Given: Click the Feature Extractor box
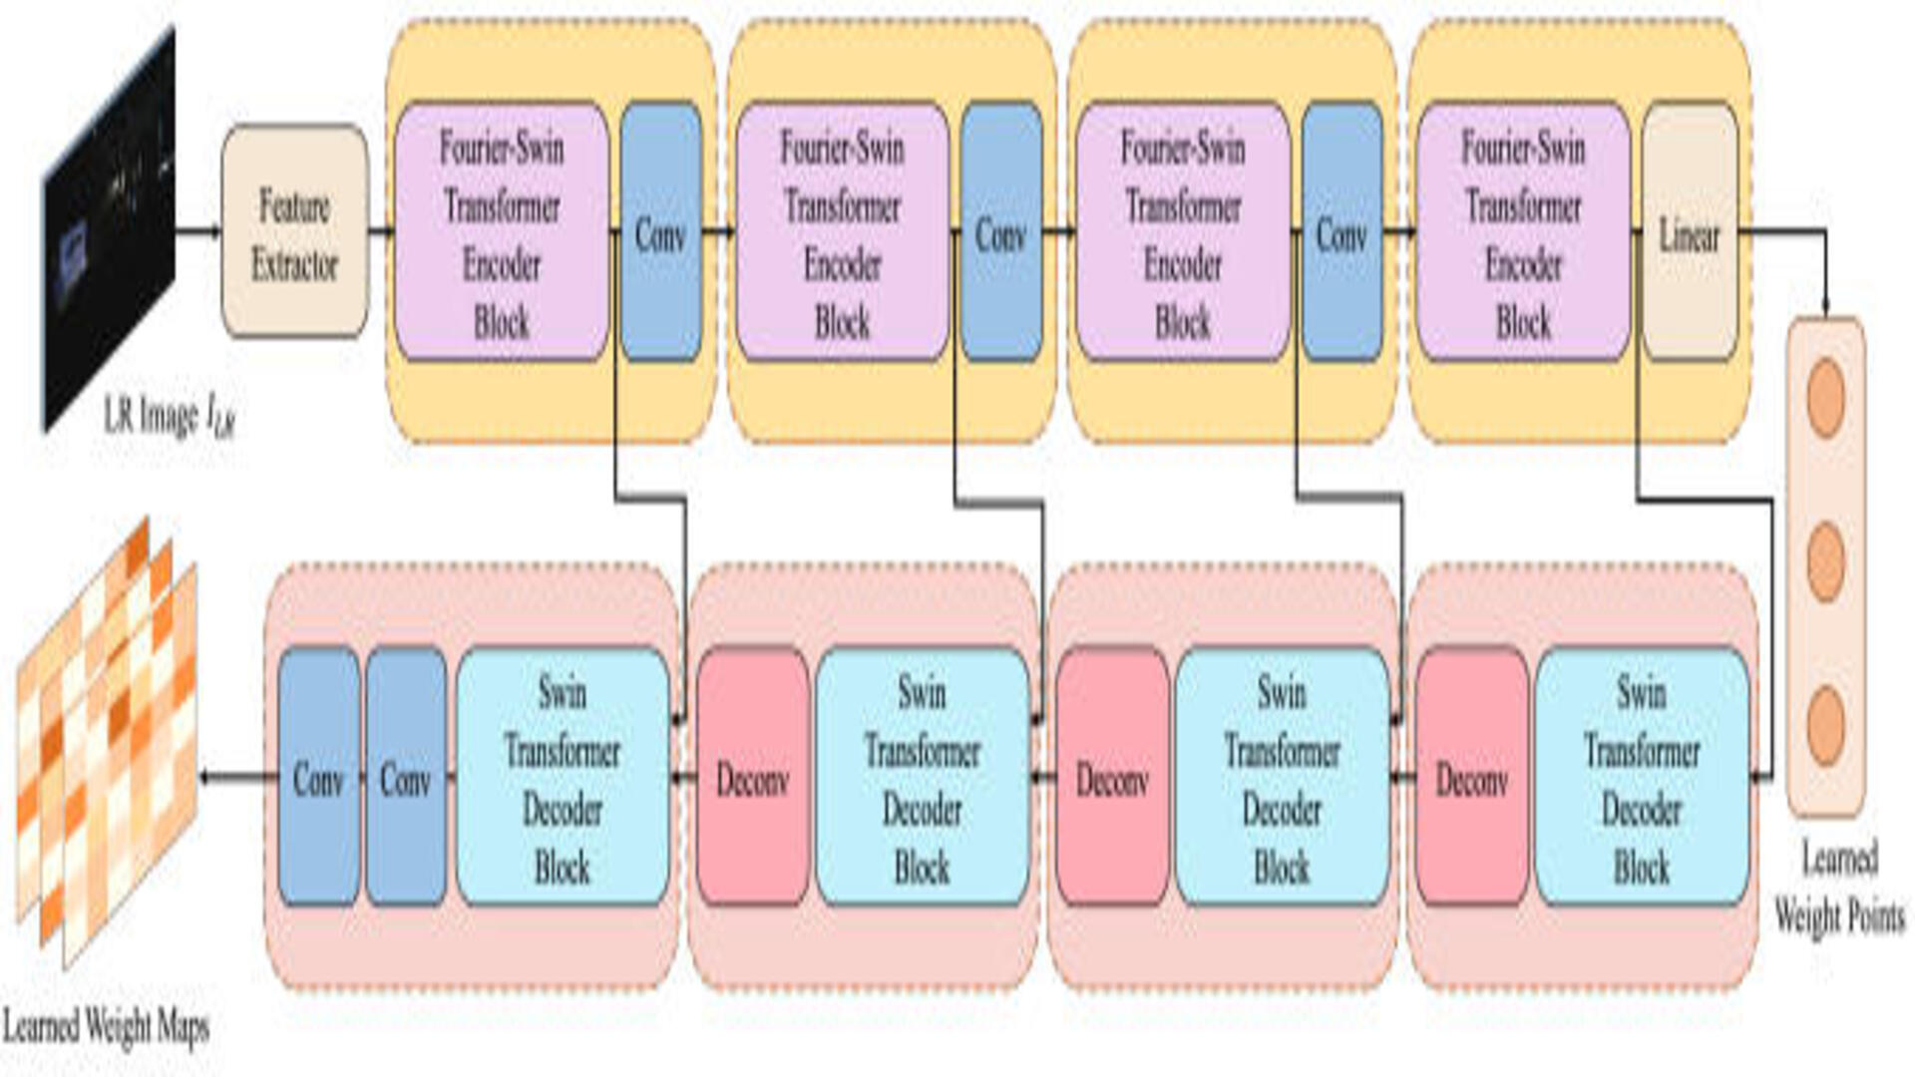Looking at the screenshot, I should coord(294,231).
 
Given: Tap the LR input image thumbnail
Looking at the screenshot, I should coord(110,229).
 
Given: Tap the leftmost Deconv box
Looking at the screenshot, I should coord(752,777).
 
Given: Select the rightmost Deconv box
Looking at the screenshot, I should coord(1471,777).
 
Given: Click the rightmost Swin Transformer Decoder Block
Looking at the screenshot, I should coord(1642,777).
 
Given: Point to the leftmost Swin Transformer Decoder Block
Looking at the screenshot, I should coord(563,777).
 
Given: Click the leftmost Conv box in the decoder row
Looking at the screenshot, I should coord(318,777).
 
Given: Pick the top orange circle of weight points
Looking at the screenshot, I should coord(1825,398).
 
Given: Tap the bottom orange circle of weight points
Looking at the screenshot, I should coord(1825,725).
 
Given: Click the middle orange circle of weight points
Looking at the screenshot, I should coord(1825,561).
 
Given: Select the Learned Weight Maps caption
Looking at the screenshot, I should coord(106,1025).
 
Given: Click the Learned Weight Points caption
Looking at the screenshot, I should coord(1839,888).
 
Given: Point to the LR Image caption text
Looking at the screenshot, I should coord(170,416).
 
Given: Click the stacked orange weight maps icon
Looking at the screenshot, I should coord(107,743).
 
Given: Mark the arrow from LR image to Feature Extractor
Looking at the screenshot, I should coord(198,231).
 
